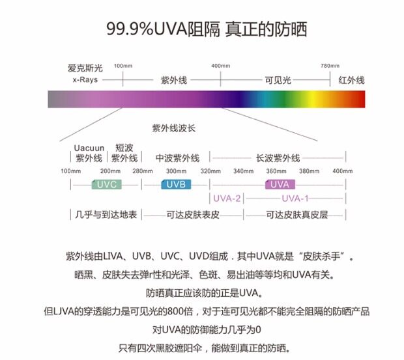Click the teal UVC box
pyautogui.click(x=106, y=184)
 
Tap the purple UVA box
pyautogui.click(x=277, y=184)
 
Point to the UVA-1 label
pyautogui.click(x=295, y=198)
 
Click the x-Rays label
pyautogui.click(x=85, y=80)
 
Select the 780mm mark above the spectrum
pyautogui.click(x=330, y=66)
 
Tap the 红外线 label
pyautogui.click(x=351, y=80)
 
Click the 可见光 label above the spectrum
pyautogui.click(x=277, y=80)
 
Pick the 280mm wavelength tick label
pyautogui.click(x=142, y=171)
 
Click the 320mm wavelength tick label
pyautogui.click(x=210, y=171)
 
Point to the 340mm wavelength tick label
pyautogui.click(x=243, y=171)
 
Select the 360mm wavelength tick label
pyautogui.click(x=276, y=171)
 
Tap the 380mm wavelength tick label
pyautogui.click(x=309, y=171)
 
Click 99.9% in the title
pyautogui.click(x=130, y=29)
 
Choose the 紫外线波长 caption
pyautogui.click(x=173, y=128)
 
